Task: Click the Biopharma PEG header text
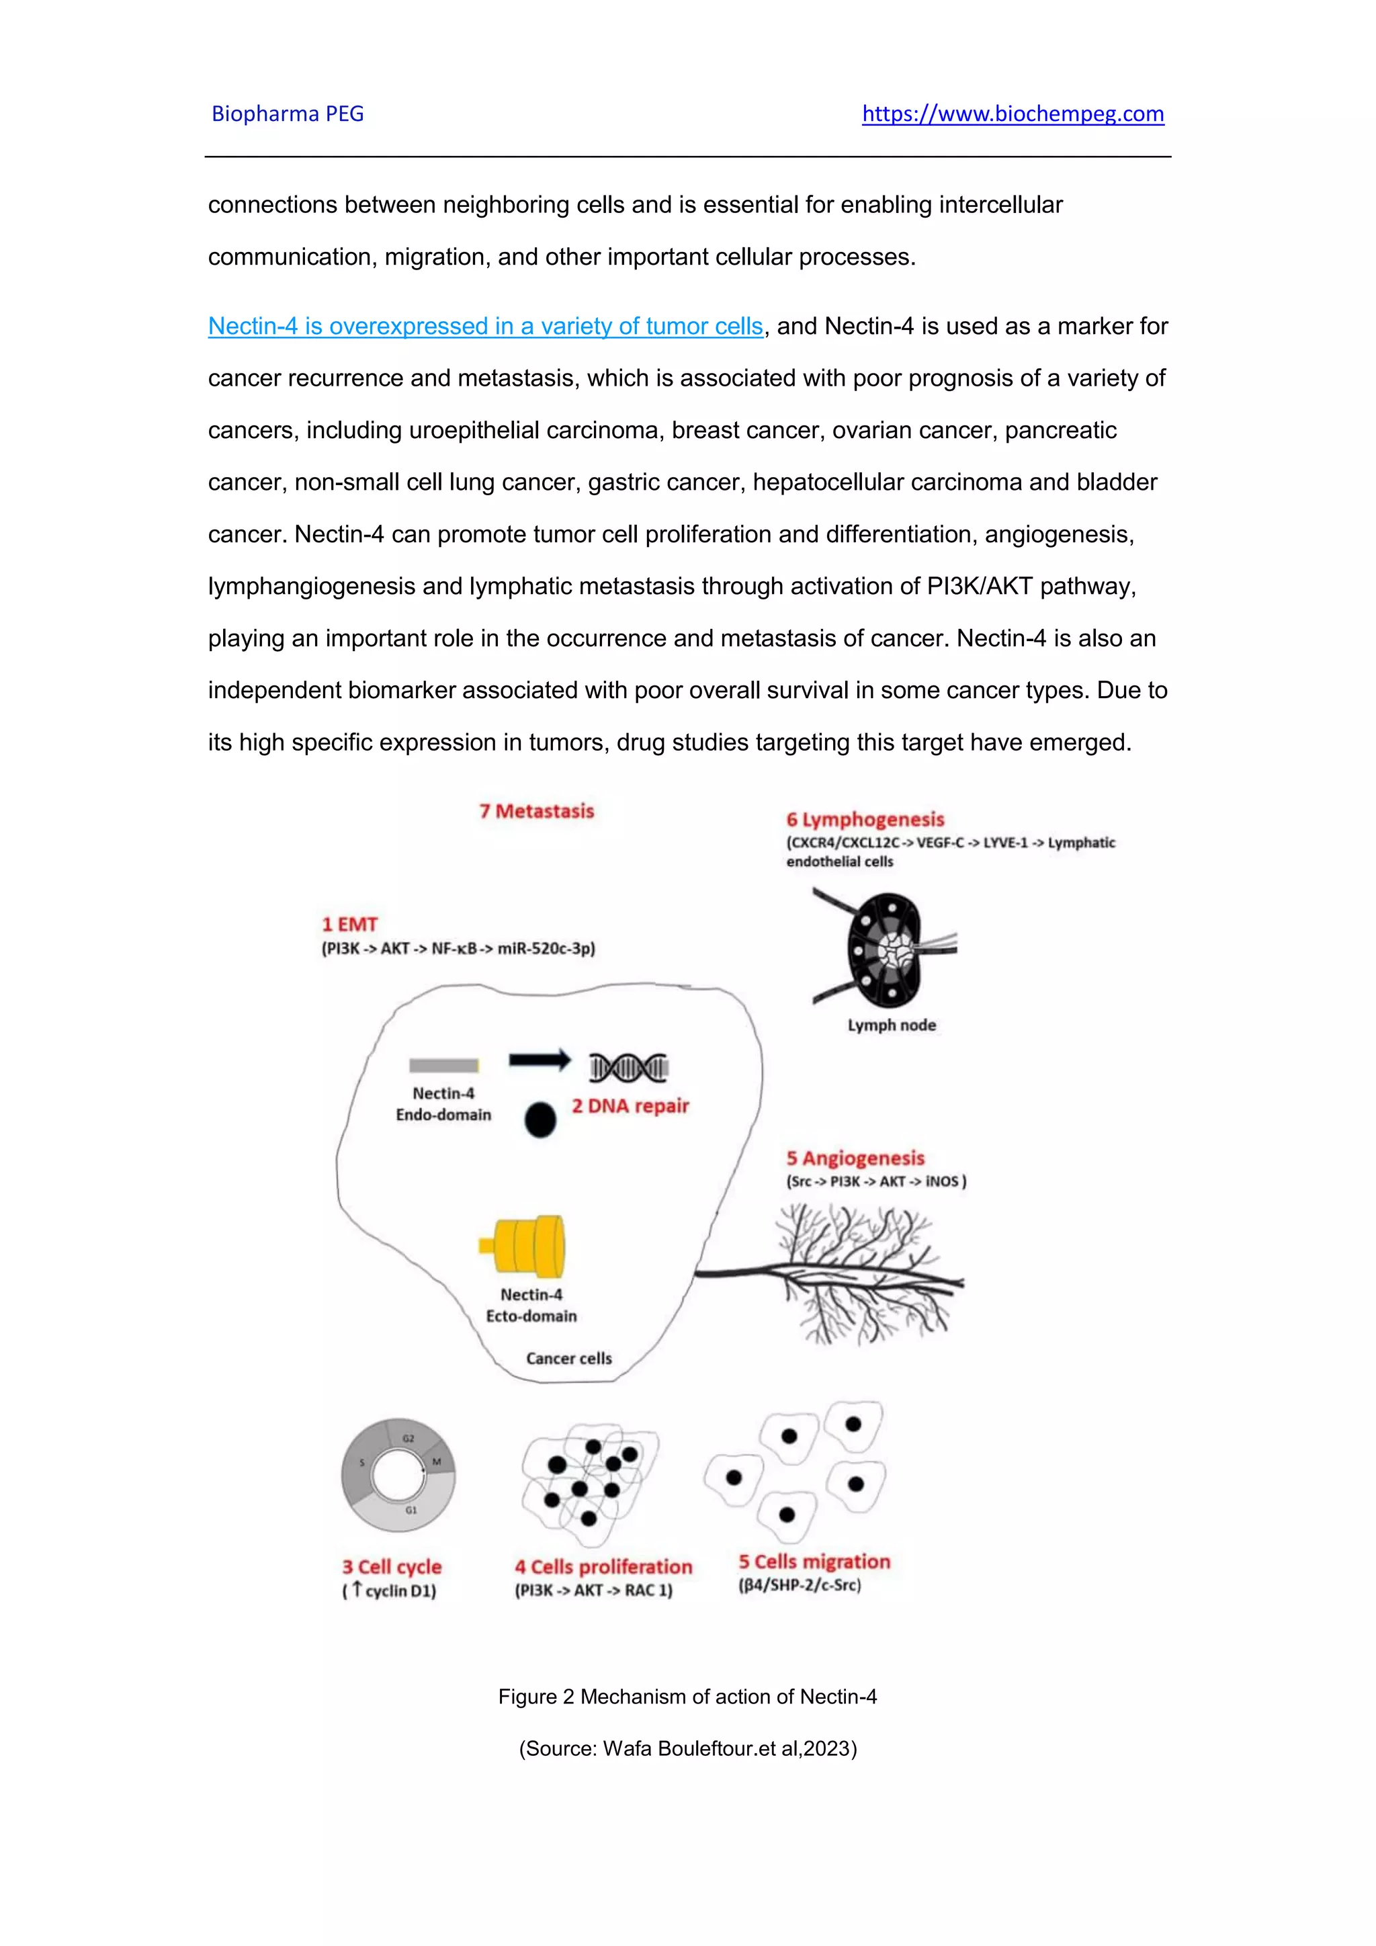click(x=288, y=114)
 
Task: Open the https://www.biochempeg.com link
click(x=1013, y=114)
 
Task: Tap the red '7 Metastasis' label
click(x=536, y=811)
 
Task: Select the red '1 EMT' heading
click(x=349, y=925)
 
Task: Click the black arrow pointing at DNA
click(x=540, y=1060)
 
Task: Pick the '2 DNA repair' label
click(x=630, y=1106)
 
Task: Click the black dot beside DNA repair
click(x=540, y=1119)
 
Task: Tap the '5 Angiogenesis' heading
click(x=855, y=1158)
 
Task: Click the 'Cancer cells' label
click(x=568, y=1358)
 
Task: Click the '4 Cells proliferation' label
click(x=603, y=1567)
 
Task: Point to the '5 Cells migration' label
click(x=814, y=1562)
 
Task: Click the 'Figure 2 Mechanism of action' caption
click(x=687, y=1697)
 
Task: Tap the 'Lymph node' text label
click(x=892, y=1025)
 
